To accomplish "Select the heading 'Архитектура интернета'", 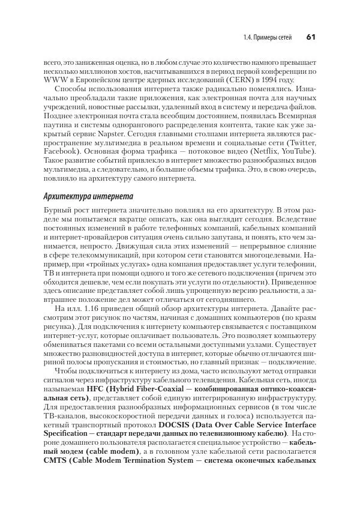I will [x=84, y=197].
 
